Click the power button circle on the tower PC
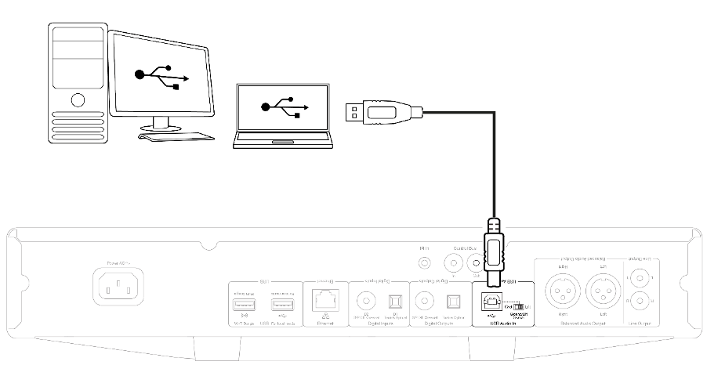pos(78,100)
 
